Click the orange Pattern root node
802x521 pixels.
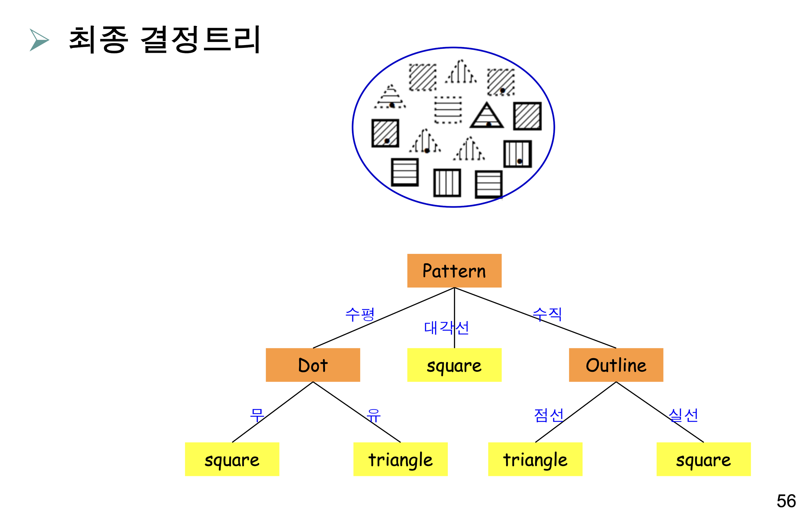(x=454, y=271)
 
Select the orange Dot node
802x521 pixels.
(x=313, y=365)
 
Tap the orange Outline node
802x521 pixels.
(x=616, y=365)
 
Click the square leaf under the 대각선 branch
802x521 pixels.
(x=454, y=365)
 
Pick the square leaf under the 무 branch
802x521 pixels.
(x=232, y=459)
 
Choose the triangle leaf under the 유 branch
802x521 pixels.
(x=400, y=459)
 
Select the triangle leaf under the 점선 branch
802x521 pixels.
(x=535, y=459)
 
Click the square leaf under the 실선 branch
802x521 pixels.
(x=703, y=459)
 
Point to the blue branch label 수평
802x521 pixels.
(x=360, y=315)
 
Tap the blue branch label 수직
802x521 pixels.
(x=547, y=314)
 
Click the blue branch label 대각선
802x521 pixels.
(x=446, y=328)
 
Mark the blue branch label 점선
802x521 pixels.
(x=549, y=415)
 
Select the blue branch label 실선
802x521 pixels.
(x=683, y=415)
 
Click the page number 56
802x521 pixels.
(x=786, y=501)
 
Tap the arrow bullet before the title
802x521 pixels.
(x=39, y=40)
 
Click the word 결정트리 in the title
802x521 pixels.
(x=201, y=40)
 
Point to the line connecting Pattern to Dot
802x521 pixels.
(x=384, y=318)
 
